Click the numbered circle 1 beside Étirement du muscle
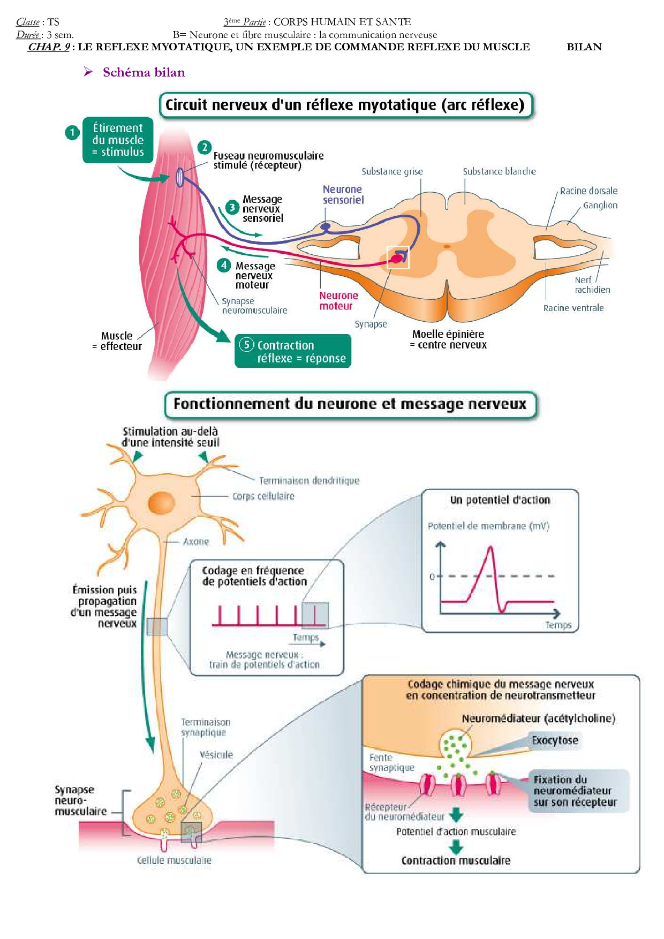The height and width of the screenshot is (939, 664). pos(72,132)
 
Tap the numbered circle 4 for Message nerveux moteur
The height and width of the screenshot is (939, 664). pos(224,265)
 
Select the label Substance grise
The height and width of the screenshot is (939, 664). pos(392,171)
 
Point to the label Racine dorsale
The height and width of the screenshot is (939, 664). pos(588,191)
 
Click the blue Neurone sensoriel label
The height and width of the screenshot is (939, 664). pos(343,194)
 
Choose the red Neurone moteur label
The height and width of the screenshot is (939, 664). pos(338,300)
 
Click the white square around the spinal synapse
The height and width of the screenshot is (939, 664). pos(398,258)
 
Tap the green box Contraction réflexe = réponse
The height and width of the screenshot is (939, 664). pos(293,351)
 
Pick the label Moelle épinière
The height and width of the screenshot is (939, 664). pos(448,334)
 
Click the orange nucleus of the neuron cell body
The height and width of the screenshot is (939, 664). pos(161,503)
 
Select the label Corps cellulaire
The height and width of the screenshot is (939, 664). pos(263,496)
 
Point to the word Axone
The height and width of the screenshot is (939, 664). pos(196,541)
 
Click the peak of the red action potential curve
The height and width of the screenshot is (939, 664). pos(491,547)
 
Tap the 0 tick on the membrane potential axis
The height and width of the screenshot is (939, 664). pos(432,577)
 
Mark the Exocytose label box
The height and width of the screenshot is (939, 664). pos(555,740)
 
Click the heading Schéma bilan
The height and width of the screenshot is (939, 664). pos(144,72)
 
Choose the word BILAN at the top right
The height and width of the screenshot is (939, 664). pos(584,47)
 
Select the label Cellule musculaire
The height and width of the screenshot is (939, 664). pos(174,860)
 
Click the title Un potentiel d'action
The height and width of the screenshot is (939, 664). pos(500,500)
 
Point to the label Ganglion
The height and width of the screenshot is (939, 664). pos(600,205)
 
